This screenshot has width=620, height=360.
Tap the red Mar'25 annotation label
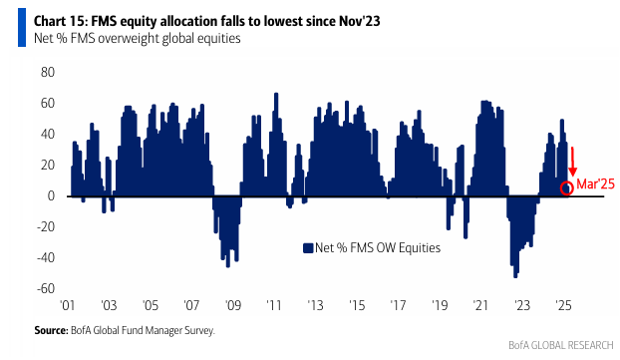(x=595, y=183)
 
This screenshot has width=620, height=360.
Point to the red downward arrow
(x=572, y=162)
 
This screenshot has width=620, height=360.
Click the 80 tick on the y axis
(x=48, y=73)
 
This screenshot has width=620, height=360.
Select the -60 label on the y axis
(x=46, y=288)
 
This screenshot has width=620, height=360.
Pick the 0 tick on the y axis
(x=51, y=195)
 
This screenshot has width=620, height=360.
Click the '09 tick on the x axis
(x=233, y=305)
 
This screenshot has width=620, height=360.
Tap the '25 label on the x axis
(x=562, y=305)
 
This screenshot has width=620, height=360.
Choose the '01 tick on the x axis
(x=67, y=305)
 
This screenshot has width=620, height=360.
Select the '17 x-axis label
(x=398, y=305)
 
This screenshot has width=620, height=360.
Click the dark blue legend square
(x=308, y=248)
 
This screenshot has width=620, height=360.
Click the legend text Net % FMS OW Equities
(x=378, y=248)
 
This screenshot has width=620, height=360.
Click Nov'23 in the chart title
(x=359, y=21)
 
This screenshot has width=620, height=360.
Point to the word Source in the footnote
(x=50, y=330)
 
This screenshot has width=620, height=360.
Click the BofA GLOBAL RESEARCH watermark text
(x=560, y=345)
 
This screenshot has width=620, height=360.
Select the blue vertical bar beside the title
(x=22, y=28)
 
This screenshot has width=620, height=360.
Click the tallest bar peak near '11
(x=276, y=94)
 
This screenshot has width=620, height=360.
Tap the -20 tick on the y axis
(x=46, y=226)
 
